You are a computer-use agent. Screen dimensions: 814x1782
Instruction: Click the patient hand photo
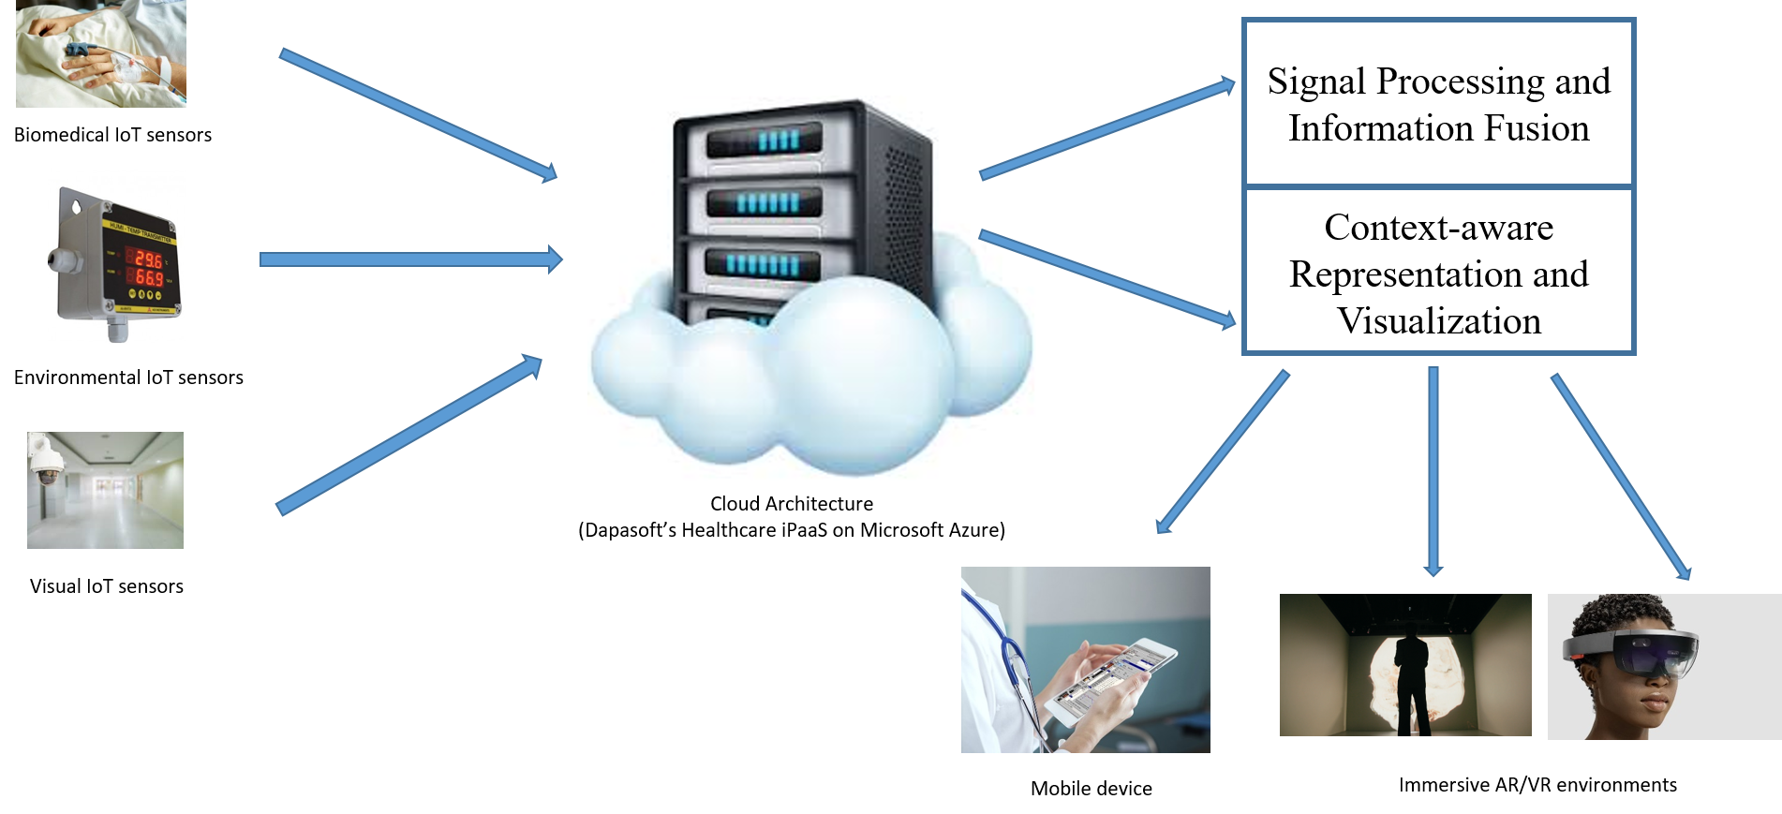coord(100,53)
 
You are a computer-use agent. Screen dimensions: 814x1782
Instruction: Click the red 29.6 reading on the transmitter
coord(148,259)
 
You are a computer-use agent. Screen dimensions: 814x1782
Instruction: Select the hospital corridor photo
coord(105,490)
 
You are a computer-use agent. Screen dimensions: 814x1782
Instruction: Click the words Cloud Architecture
coord(791,504)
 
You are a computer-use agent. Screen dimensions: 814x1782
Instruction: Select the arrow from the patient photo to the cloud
coord(417,113)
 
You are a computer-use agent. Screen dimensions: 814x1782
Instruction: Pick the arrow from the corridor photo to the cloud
coord(408,435)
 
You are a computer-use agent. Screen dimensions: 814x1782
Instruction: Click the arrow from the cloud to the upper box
coord(1106,130)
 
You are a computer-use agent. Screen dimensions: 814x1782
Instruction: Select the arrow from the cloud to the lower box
coord(1106,277)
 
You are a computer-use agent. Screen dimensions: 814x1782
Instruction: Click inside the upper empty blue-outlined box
coord(1438,103)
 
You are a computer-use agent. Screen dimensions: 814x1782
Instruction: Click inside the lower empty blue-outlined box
coord(1438,270)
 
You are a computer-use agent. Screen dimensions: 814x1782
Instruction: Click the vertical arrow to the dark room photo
coord(1433,468)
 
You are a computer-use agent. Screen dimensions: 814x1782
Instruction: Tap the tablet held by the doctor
coord(1110,679)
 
